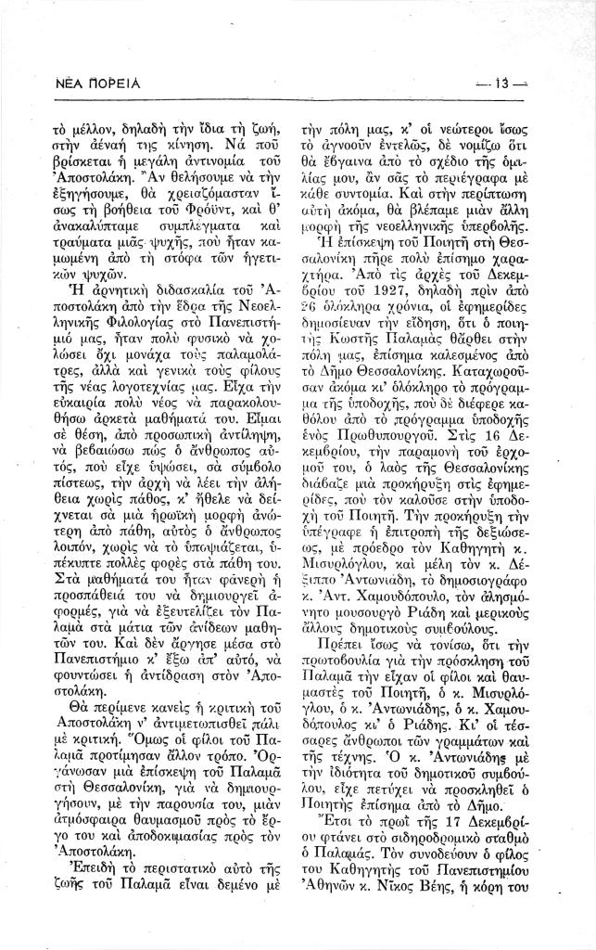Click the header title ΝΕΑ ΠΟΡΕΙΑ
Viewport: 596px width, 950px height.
coord(93,83)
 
